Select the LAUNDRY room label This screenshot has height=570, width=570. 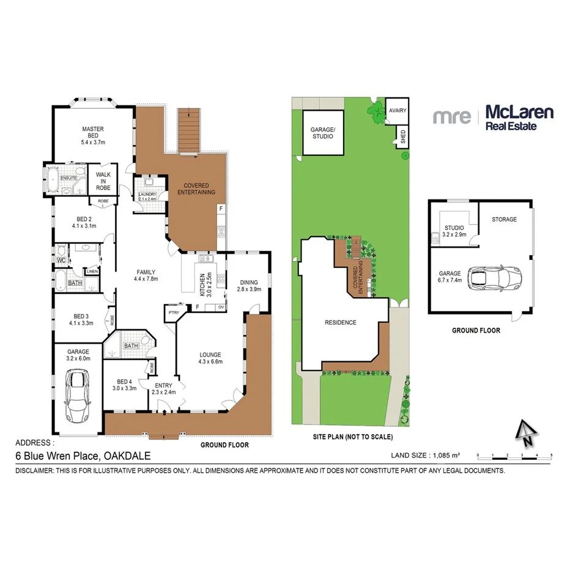click(148, 195)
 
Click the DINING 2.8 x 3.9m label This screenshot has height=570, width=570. click(248, 285)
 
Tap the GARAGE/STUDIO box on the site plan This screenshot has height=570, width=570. click(322, 133)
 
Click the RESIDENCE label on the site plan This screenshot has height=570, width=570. click(341, 323)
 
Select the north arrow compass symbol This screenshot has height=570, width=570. click(524, 434)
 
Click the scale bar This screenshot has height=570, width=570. click(514, 456)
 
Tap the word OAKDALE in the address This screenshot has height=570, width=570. click(127, 456)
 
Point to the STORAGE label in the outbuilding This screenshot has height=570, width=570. click(505, 219)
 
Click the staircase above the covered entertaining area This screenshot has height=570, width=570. click(190, 130)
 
